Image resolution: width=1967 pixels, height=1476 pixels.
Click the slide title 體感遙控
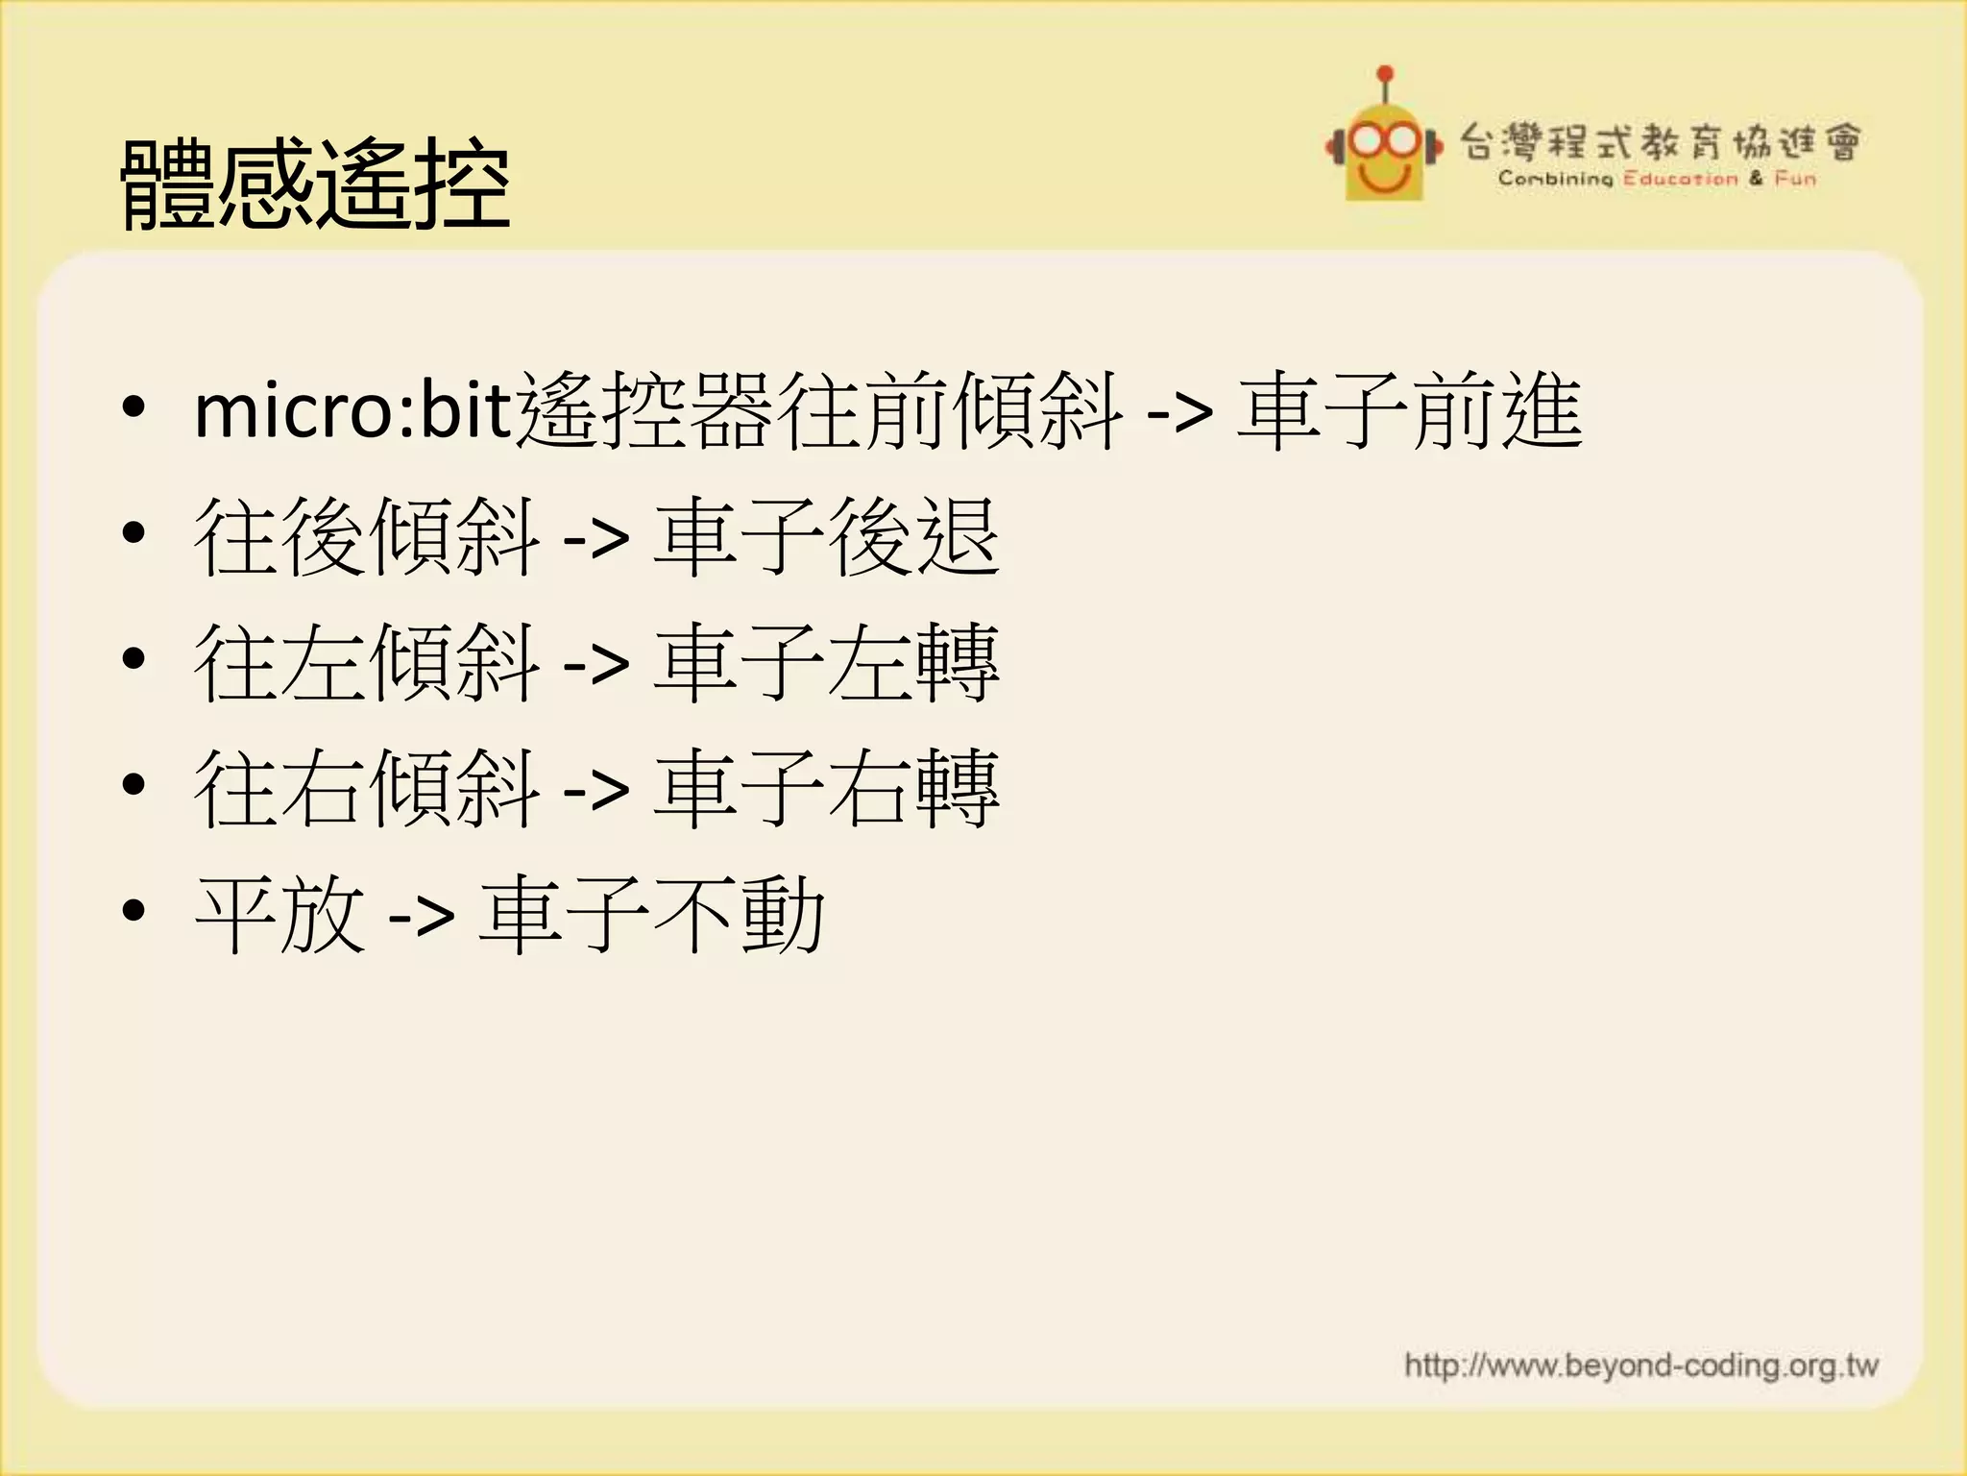click(x=315, y=184)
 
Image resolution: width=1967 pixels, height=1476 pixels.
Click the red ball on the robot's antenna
click(x=1385, y=73)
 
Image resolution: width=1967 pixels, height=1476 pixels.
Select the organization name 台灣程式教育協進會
click(x=1661, y=142)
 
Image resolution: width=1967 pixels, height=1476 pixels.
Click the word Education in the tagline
click(x=1681, y=179)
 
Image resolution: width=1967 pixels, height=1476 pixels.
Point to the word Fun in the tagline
click(x=1795, y=179)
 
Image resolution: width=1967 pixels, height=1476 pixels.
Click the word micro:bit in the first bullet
click(x=353, y=411)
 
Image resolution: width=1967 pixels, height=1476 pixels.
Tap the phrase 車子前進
click(x=1410, y=411)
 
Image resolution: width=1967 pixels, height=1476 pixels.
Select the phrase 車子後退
click(x=826, y=537)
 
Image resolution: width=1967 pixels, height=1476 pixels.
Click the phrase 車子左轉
click(x=826, y=663)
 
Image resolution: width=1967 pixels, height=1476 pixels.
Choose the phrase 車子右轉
click(x=826, y=789)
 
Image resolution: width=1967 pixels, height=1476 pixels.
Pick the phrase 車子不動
click(x=651, y=915)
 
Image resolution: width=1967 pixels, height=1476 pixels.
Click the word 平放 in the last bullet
click(x=279, y=915)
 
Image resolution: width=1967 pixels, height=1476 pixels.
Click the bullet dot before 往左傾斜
click(x=134, y=659)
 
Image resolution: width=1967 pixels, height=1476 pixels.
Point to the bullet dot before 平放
click(x=134, y=911)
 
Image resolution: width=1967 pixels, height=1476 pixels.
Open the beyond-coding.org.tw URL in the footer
click(x=1640, y=1365)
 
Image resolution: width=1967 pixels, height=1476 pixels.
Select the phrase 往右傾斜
click(x=367, y=789)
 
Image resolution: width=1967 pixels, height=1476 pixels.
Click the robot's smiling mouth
click(x=1384, y=176)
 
